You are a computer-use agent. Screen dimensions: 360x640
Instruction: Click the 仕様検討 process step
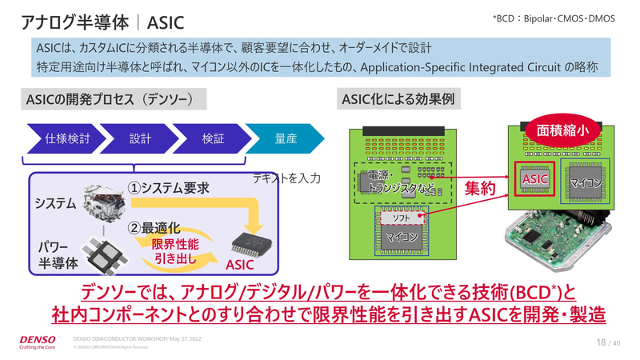click(x=68, y=138)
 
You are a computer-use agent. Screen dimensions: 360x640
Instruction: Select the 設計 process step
click(x=141, y=138)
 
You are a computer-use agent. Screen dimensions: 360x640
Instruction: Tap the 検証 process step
click(x=213, y=138)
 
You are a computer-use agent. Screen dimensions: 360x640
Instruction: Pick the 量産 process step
click(x=285, y=138)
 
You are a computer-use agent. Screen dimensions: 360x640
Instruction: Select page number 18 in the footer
click(x=601, y=342)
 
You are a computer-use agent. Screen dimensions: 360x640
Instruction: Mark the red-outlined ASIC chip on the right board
click(x=534, y=180)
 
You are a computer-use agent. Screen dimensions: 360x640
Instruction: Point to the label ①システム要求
click(x=169, y=188)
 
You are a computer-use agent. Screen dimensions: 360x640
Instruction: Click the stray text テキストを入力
click(x=286, y=178)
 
